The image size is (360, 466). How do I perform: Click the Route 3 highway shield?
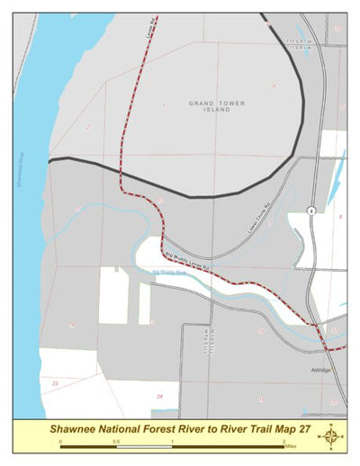point(310,210)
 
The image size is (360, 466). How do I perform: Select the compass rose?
point(333,436)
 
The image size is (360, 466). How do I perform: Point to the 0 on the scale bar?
point(60,443)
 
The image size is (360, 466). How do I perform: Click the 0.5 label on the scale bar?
point(115,443)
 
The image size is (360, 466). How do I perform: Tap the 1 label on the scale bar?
point(172,443)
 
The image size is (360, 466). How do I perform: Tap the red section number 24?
point(160,396)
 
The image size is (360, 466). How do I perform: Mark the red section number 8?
point(340,217)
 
